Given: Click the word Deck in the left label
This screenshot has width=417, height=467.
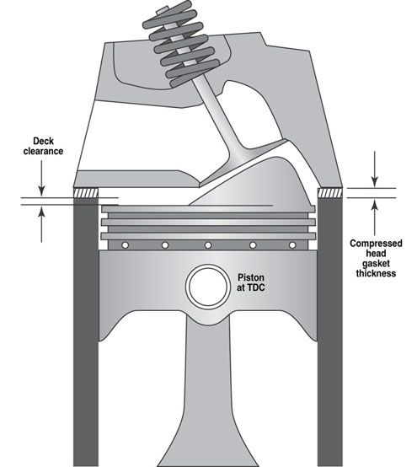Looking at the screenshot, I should pyautogui.click(x=41, y=142).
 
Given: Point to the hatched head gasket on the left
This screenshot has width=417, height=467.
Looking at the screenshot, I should pyautogui.click(x=86, y=194).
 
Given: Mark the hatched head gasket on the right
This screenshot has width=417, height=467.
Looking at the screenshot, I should pyautogui.click(x=329, y=194).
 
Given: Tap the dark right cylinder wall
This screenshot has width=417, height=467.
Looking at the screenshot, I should pyautogui.click(x=329, y=337).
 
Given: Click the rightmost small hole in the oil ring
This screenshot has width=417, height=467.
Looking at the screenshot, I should pyautogui.click(x=291, y=245).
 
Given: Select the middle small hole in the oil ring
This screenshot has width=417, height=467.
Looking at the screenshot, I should pyautogui.click(x=207, y=245).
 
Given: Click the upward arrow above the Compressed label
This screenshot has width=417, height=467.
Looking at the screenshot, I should pyautogui.click(x=376, y=211).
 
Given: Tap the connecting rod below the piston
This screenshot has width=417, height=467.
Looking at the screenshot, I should pyautogui.click(x=208, y=396).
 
